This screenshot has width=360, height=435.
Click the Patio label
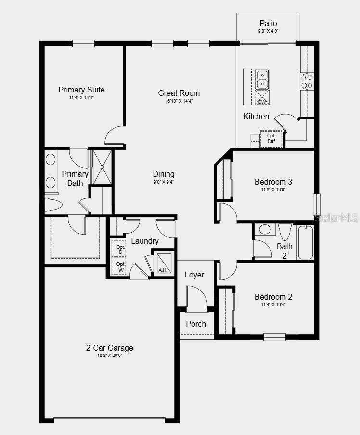(268, 23)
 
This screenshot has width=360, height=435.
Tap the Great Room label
(179, 93)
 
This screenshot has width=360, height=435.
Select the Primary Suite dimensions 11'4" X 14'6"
(81, 98)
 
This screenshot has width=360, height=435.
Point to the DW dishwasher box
(262, 98)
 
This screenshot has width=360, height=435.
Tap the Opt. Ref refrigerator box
(271, 138)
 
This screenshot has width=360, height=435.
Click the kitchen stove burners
(307, 81)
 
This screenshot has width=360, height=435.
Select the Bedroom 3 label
(273, 182)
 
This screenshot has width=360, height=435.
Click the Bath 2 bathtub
(305, 242)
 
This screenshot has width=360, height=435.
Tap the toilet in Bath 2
(285, 231)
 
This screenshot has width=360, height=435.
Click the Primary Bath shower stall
(102, 167)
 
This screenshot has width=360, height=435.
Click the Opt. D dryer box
(119, 250)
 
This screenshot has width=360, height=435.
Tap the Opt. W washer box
(119, 267)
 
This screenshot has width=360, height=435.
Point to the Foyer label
(194, 275)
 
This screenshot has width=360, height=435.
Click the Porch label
(196, 324)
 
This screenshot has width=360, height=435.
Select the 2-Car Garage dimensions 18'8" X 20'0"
(110, 356)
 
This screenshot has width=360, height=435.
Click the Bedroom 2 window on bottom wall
(274, 337)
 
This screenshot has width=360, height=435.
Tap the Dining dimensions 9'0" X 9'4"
(164, 182)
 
